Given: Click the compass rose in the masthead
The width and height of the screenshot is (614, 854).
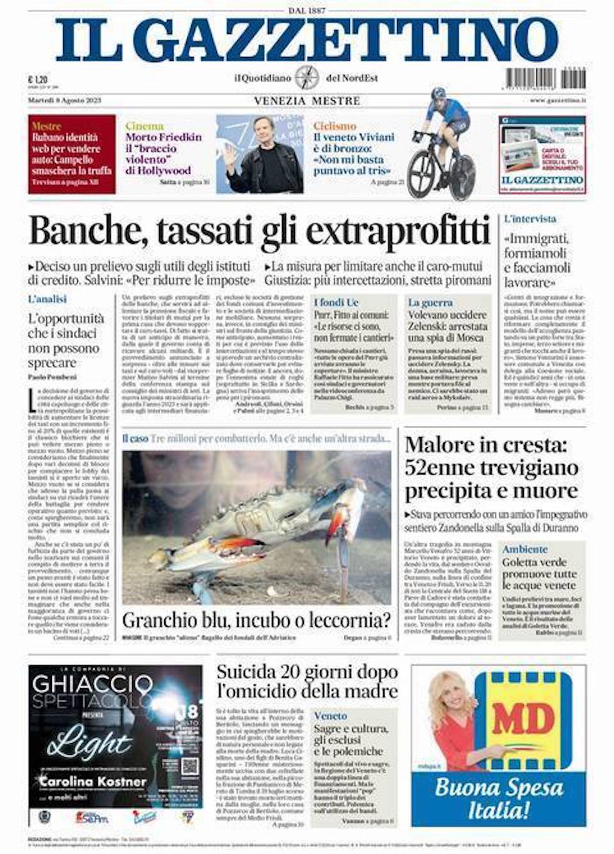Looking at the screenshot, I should (308, 78).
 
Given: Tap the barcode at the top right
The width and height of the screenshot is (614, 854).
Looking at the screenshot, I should (545, 79).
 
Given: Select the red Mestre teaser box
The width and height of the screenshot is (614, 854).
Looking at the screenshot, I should (71, 154).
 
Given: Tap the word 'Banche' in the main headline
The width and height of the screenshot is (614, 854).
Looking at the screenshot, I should (86, 231).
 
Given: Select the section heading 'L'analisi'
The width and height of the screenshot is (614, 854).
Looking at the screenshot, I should (47, 299).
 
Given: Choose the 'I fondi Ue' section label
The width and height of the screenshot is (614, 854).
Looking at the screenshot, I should (336, 302).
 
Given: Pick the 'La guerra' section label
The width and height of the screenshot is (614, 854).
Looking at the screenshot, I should (430, 302).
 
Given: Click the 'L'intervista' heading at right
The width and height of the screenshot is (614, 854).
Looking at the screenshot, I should (530, 219).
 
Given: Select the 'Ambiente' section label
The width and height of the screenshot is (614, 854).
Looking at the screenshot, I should (524, 549).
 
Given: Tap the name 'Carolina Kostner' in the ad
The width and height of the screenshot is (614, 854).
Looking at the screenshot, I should (93, 781).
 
